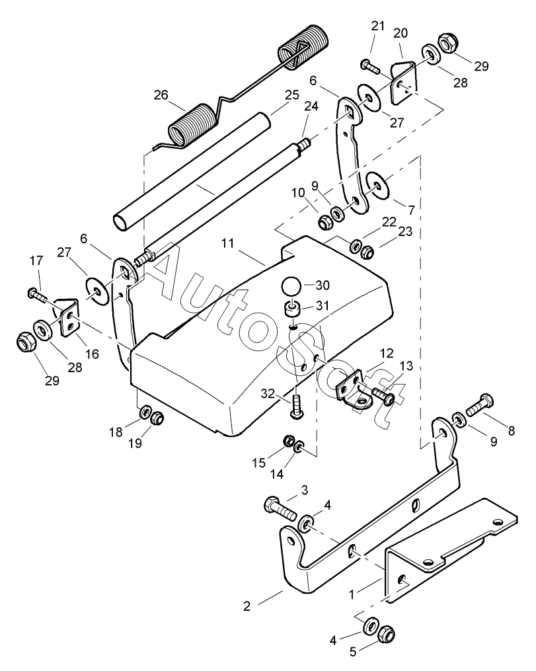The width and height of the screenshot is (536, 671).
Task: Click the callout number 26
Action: pyautogui.click(x=161, y=95)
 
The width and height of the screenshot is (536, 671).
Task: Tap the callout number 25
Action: pyautogui.click(x=292, y=95)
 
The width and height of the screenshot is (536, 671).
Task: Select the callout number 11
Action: pyautogui.click(x=228, y=243)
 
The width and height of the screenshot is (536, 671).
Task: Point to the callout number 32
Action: pyautogui.click(x=268, y=393)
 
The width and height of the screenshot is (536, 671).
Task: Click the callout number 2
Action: pyautogui.click(x=247, y=606)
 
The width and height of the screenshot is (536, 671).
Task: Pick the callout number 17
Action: pyautogui.click(x=36, y=260)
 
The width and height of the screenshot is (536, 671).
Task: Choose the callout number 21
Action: pyautogui.click(x=378, y=26)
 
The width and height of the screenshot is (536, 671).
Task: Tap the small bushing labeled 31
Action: pyautogui.click(x=291, y=309)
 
